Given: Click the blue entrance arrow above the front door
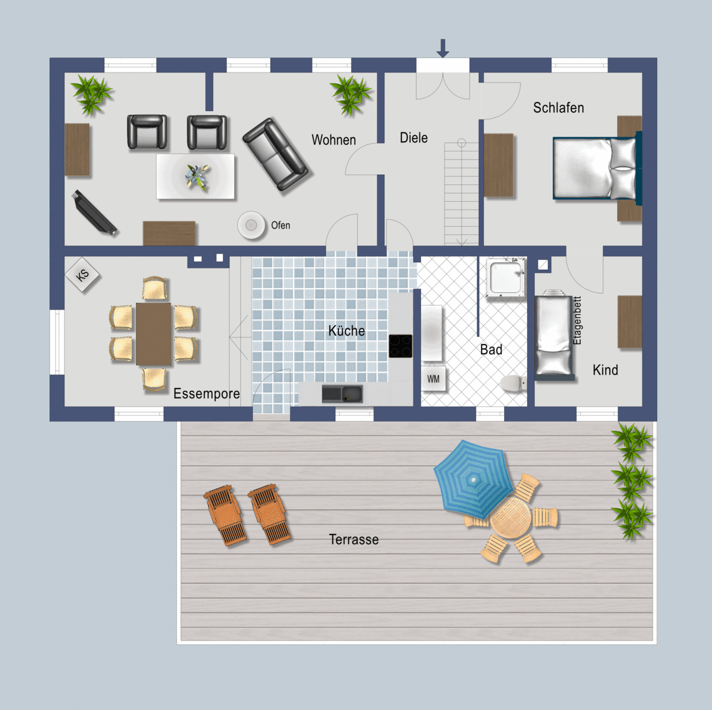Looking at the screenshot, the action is click(x=443, y=48).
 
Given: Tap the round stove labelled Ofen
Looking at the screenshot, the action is click(x=251, y=225).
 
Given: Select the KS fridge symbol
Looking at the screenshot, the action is click(x=82, y=275).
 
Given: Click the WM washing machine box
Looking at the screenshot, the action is click(x=433, y=378).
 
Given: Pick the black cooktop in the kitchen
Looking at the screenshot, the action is click(x=400, y=346).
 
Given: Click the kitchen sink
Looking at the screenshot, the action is click(x=342, y=393).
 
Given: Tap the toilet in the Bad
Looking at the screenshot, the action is click(x=513, y=383).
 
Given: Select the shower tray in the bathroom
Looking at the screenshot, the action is click(x=506, y=277).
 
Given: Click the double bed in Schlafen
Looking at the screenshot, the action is click(x=596, y=169).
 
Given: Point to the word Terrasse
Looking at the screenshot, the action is click(x=354, y=540).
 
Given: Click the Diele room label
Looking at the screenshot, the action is click(x=413, y=137).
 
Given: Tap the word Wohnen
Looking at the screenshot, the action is click(x=334, y=140).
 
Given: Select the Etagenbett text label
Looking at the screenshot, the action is click(x=577, y=320).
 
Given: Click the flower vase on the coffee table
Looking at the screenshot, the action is click(x=197, y=176).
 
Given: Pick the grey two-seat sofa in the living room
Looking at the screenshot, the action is click(x=275, y=154).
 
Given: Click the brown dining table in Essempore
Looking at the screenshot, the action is click(x=154, y=334).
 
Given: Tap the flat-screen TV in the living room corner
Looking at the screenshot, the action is click(x=94, y=212).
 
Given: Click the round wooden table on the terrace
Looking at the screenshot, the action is click(x=510, y=518).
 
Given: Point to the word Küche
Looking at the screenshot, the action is click(x=347, y=330).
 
